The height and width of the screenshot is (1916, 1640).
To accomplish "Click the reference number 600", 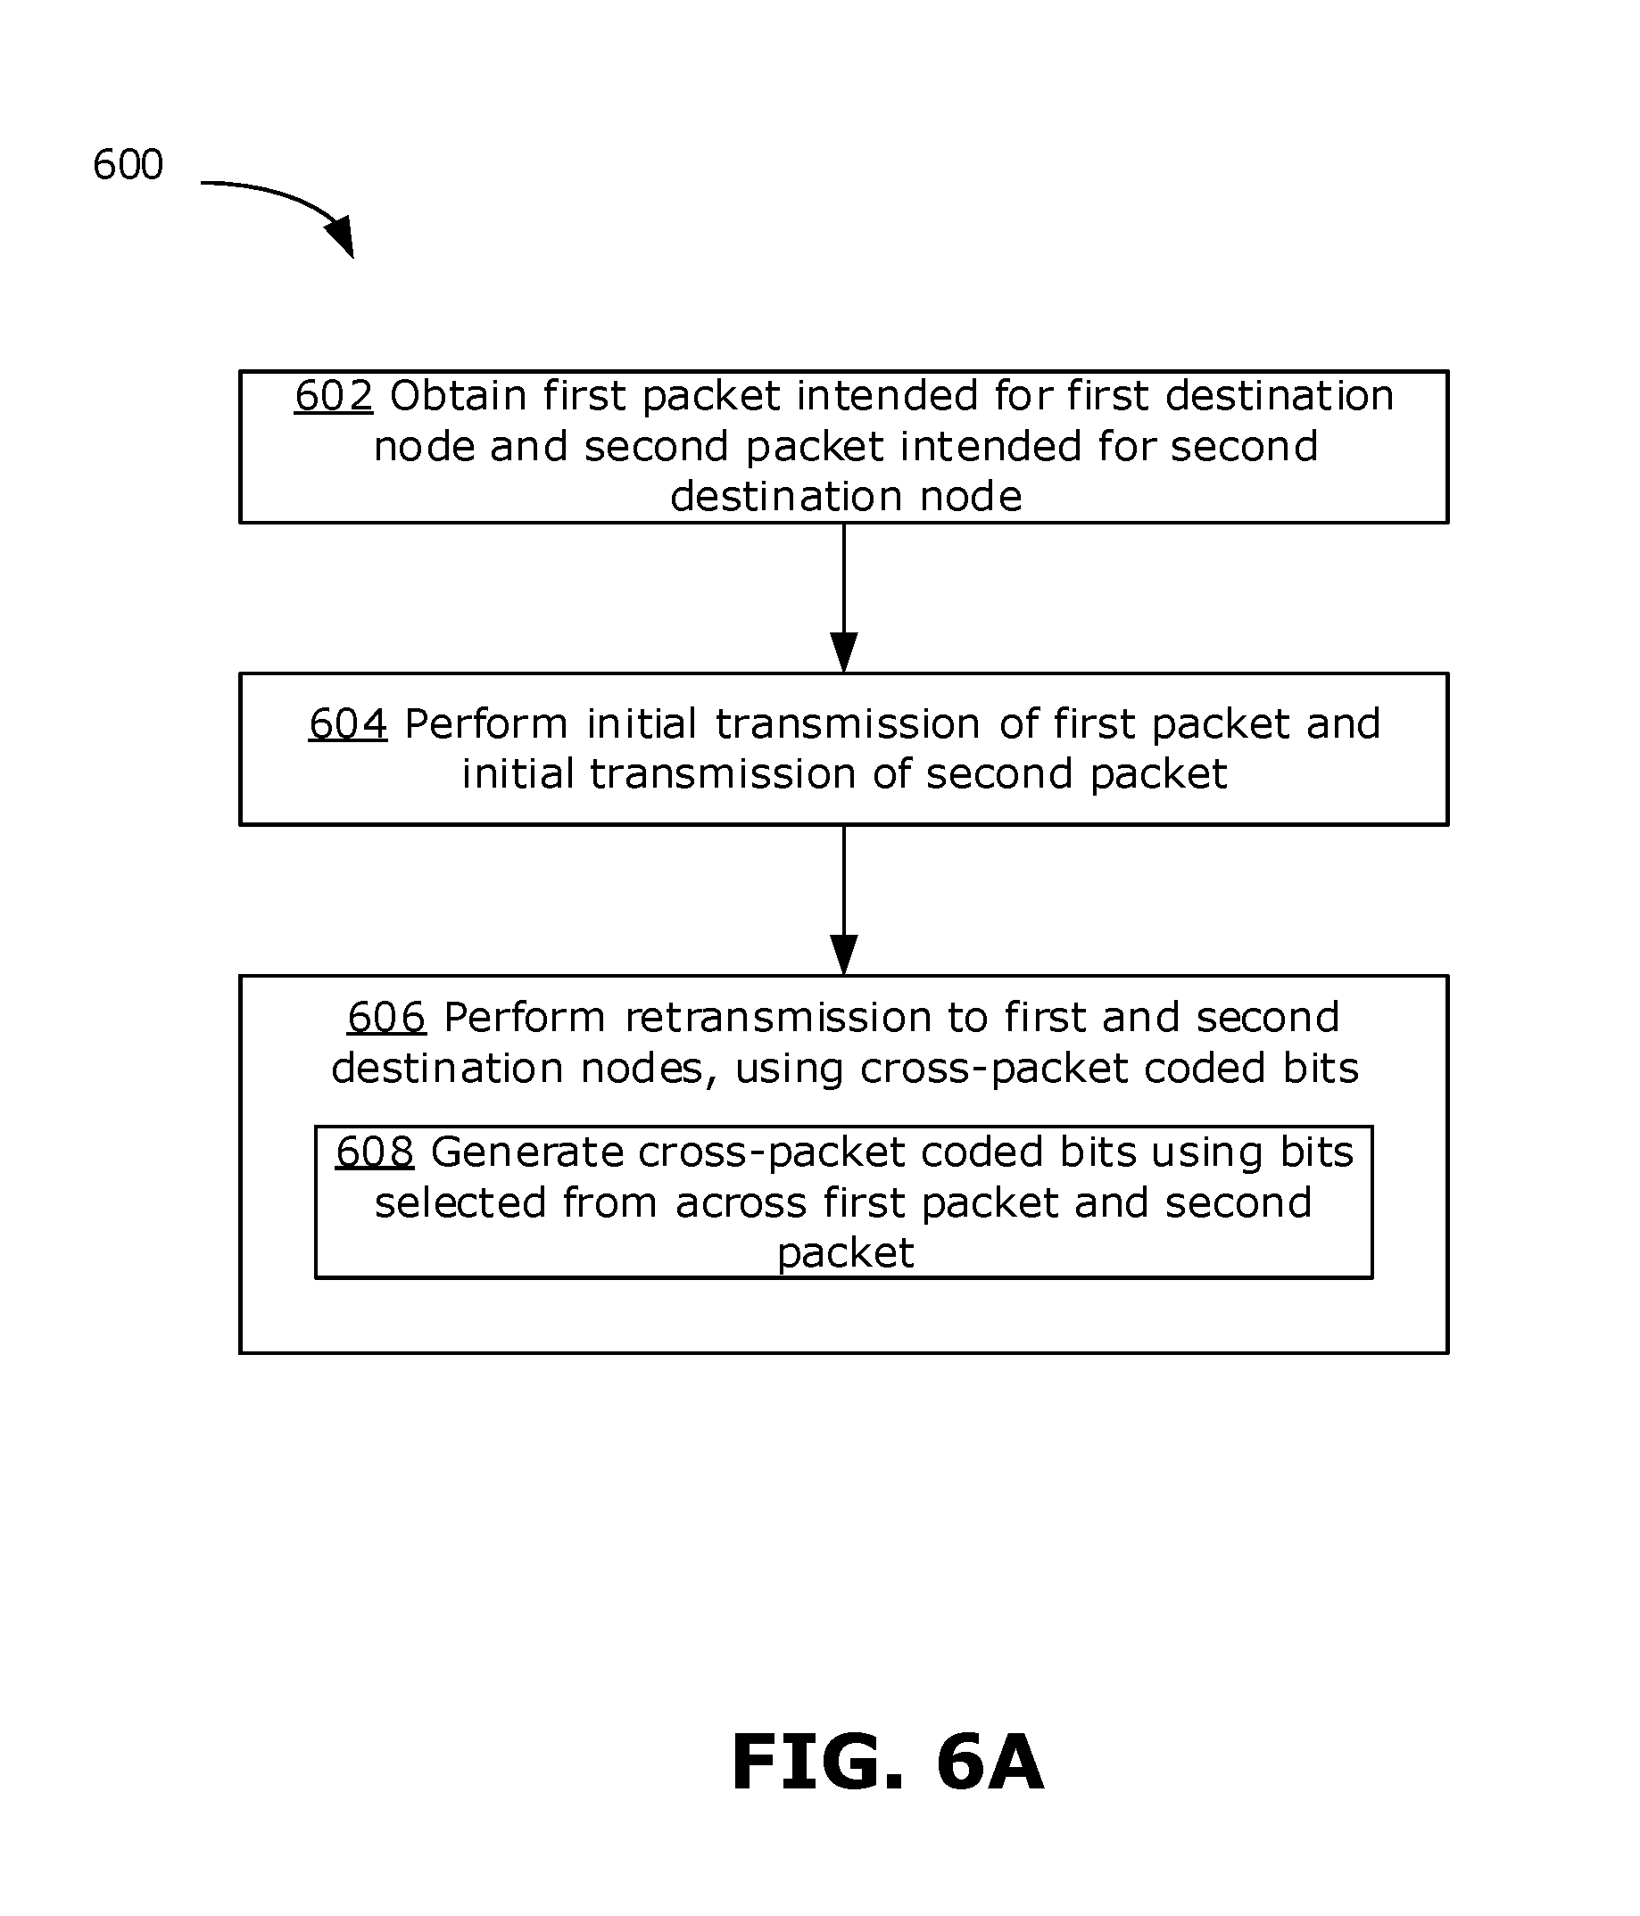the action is (x=128, y=165).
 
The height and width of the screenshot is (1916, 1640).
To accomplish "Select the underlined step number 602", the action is (x=333, y=396).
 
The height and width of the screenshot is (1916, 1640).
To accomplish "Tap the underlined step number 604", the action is (x=348, y=724).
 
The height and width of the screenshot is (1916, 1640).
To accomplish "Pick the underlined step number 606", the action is (x=385, y=1017).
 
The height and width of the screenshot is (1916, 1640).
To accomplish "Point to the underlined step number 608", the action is (x=374, y=1152).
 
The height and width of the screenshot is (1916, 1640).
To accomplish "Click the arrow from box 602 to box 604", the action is (x=843, y=598).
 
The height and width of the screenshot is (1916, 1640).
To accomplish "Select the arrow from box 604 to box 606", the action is (x=843, y=900).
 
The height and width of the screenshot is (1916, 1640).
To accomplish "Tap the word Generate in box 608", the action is (x=526, y=1152).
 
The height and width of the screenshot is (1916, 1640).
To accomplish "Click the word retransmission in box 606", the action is (x=778, y=1017).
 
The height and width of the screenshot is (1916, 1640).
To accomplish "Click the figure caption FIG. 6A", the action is (x=887, y=1763).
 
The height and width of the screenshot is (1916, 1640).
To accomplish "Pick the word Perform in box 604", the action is (x=486, y=724).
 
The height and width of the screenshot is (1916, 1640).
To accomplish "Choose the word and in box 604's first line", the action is (x=1343, y=724).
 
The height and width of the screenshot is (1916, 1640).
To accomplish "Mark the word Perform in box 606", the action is (x=525, y=1017).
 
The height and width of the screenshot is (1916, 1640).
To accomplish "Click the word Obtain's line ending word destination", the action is (x=1280, y=396).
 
